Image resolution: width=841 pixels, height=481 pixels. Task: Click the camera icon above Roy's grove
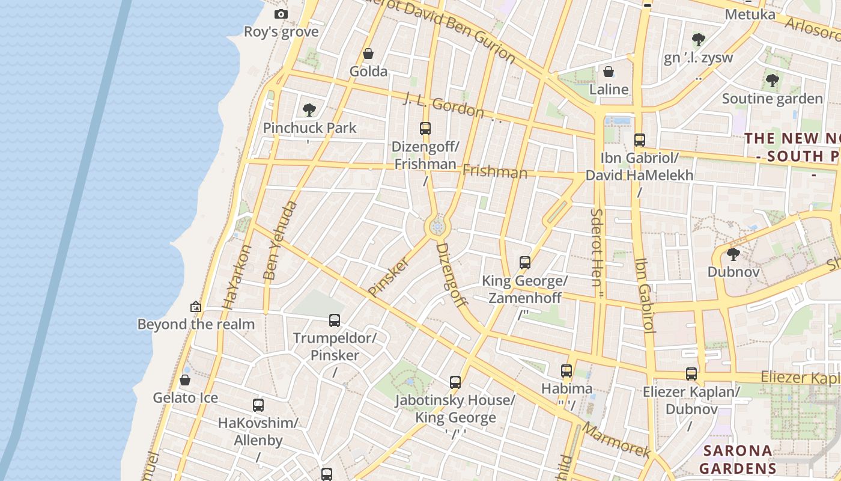(x=281, y=14)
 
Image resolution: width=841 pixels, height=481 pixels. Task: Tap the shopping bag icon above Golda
(x=368, y=54)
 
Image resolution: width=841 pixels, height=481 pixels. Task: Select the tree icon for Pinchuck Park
(x=309, y=110)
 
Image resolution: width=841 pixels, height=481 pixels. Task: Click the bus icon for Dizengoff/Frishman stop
(x=425, y=128)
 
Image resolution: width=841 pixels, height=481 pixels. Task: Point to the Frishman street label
(x=494, y=172)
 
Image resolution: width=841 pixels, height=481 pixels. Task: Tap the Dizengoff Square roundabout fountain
(x=437, y=227)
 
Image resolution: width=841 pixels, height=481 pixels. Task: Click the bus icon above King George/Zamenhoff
(x=525, y=263)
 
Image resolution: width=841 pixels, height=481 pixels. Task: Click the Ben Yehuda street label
(x=280, y=240)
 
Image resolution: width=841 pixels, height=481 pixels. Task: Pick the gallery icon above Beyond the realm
(x=195, y=307)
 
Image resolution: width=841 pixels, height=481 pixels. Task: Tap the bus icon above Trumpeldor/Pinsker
(x=335, y=320)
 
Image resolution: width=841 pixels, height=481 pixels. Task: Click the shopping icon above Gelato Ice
(x=185, y=380)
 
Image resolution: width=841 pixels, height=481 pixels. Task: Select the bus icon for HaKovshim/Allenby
(x=258, y=405)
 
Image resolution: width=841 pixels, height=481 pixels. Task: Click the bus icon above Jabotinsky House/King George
(x=455, y=382)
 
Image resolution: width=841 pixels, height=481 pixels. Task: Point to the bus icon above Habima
(x=566, y=371)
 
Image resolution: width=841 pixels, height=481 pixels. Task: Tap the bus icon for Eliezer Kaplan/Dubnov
(x=691, y=374)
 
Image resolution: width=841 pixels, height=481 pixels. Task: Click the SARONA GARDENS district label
(x=738, y=459)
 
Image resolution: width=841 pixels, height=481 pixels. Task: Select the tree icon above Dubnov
(x=733, y=254)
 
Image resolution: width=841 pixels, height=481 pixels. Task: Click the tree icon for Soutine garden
(x=772, y=81)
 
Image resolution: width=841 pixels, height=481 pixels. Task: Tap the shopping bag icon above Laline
(x=609, y=72)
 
